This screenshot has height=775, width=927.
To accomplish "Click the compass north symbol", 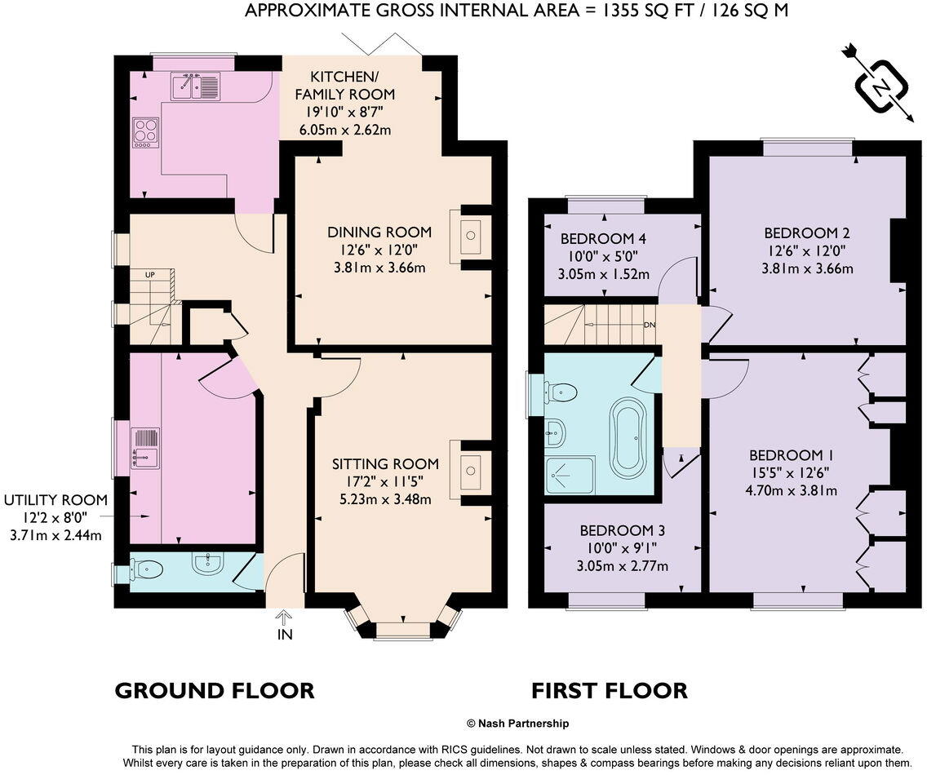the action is coord(880,86).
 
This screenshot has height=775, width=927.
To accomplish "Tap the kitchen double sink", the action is coord(196,86).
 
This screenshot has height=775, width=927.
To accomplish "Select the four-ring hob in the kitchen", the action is coord(145,132).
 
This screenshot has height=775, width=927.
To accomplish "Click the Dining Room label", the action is coord(379,232).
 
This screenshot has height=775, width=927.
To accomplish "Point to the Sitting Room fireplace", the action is coord(471,470).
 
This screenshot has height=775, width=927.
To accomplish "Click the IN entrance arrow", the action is coord(285,627).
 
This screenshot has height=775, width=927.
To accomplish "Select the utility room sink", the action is coord(145,448).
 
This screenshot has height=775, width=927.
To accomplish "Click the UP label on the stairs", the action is coord(150,275).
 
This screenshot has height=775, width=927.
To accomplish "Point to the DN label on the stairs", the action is coord(649,325).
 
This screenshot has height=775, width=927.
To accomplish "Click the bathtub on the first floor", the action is coord(628,437).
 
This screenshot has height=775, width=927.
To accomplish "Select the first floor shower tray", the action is coord(570,475).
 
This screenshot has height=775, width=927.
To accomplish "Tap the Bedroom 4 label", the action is coord(603,239).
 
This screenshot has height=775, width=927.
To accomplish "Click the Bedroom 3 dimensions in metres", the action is coord(623,566).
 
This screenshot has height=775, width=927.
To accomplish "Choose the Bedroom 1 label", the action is coord(791,455).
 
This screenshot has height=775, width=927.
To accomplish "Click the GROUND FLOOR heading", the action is coord(215,690).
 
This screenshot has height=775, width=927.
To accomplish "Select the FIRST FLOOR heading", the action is coord(610,690).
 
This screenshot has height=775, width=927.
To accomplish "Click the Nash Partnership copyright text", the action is coord(518,723).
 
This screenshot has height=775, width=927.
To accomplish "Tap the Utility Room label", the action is coord(55,500).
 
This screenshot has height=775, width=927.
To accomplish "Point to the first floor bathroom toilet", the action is coord(560,392).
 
